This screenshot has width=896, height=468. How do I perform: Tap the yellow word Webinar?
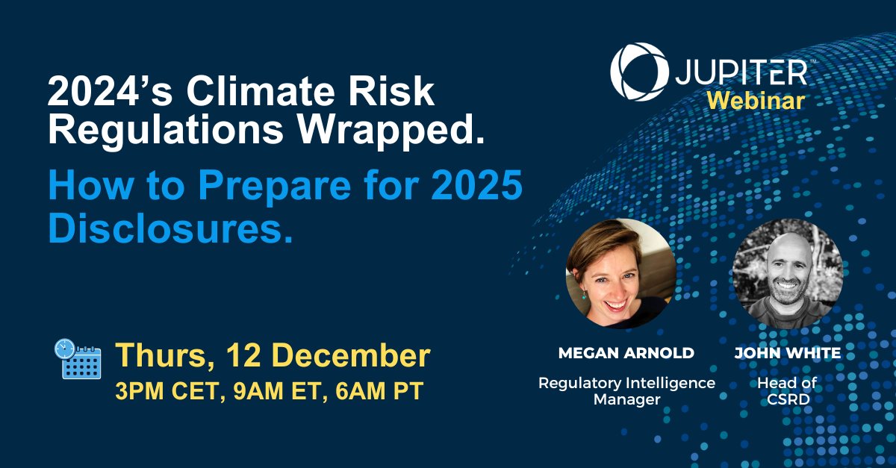[x=756, y=102]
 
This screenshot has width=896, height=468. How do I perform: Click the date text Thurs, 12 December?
[x=273, y=356]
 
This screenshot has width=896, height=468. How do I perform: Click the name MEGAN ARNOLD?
[x=626, y=353]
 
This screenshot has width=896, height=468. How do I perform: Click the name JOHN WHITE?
[x=788, y=353]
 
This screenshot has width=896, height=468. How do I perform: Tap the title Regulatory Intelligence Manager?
[x=626, y=390]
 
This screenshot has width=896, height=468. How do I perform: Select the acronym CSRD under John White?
[x=787, y=399]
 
